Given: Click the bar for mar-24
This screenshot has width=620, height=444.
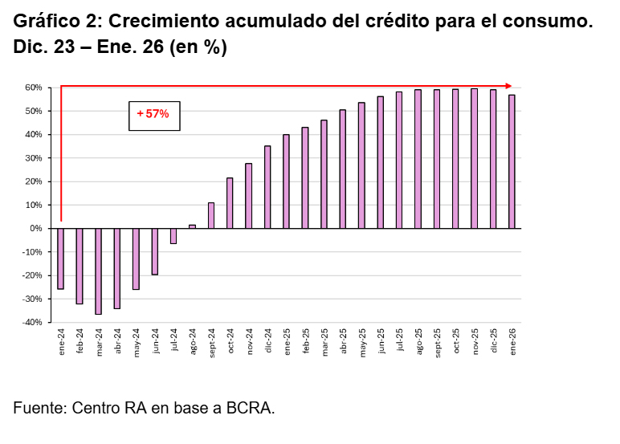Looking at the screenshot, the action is click(x=98, y=271).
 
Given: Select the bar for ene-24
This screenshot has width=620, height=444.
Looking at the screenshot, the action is click(x=60, y=259).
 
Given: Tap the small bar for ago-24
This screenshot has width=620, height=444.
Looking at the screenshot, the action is click(x=192, y=226).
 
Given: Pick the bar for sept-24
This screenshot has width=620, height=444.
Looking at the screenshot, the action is click(x=211, y=215).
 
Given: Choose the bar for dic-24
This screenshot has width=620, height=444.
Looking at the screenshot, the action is click(x=267, y=187).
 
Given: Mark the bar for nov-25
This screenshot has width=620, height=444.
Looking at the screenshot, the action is click(x=474, y=158).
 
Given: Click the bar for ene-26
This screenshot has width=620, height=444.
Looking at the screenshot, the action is click(x=512, y=161).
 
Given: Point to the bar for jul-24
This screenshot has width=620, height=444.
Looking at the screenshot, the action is click(x=173, y=236).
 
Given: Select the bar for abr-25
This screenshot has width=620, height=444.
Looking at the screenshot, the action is click(x=342, y=169).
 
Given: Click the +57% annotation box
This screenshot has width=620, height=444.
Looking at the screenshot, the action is click(x=154, y=116).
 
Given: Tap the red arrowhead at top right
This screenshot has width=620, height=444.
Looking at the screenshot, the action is click(x=508, y=86).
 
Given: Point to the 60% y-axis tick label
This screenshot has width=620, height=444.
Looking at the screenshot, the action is click(x=34, y=88).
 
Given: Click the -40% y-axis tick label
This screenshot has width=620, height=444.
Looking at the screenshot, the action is click(x=32, y=322).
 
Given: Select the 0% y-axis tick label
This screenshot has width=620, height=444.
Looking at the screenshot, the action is click(x=35, y=229).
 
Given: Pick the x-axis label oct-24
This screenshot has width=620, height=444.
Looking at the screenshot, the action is click(x=230, y=340).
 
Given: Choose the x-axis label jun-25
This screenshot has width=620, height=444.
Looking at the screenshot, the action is click(x=381, y=340).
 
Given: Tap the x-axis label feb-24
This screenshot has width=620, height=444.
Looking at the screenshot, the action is click(x=80, y=340).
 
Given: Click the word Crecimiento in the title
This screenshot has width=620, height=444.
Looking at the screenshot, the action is click(x=164, y=21).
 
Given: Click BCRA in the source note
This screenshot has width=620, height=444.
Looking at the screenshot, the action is click(x=251, y=408).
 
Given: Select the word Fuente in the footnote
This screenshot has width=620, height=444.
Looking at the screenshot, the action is click(x=40, y=408).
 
